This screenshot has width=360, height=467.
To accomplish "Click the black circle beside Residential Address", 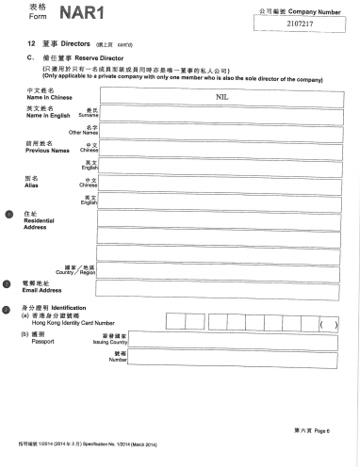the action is point(8,215).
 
